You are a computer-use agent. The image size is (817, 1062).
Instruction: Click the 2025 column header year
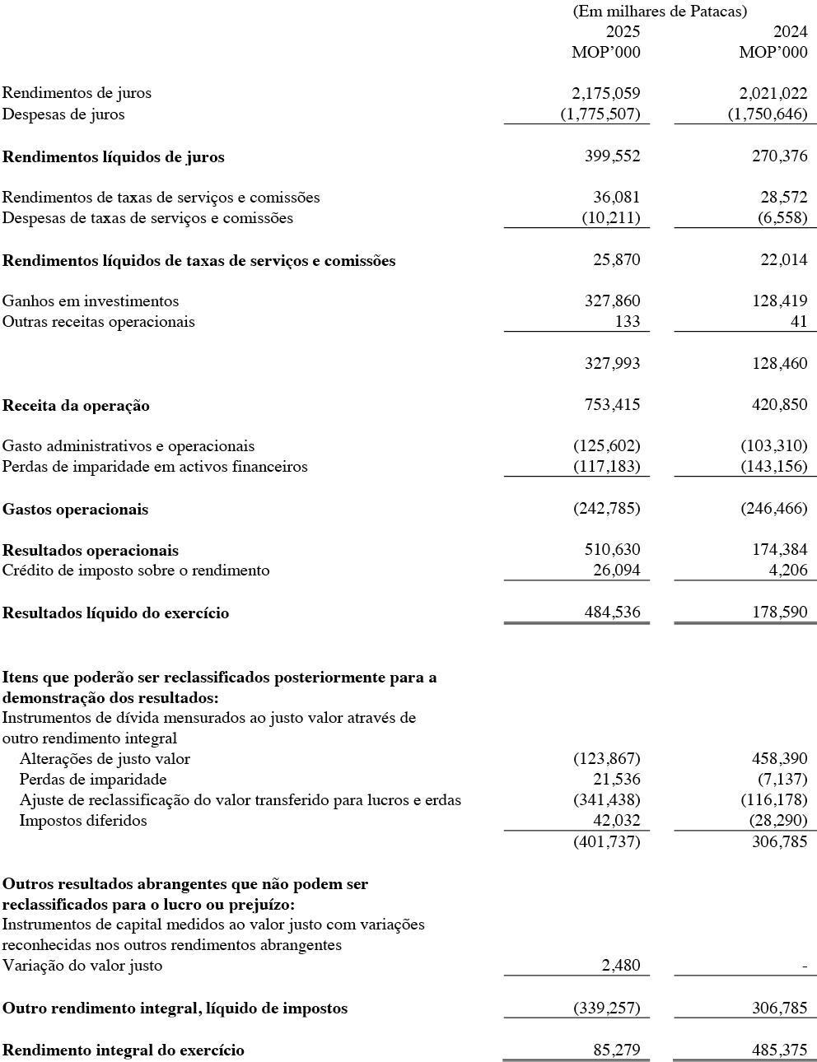pyautogui.click(x=623, y=32)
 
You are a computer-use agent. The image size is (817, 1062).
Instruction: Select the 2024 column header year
pyautogui.click(x=790, y=32)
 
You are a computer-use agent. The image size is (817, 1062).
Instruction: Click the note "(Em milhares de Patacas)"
pyautogui.click(x=659, y=12)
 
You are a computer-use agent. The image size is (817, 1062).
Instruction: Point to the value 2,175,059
pyautogui.click(x=606, y=93)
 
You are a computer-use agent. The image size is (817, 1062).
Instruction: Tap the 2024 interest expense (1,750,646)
pyautogui.click(x=768, y=114)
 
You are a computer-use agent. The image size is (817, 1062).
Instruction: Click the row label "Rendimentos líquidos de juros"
pyautogui.click(x=114, y=157)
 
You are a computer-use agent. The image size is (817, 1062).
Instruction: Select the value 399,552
pyautogui.click(x=612, y=156)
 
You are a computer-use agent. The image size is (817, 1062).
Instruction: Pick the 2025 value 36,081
pyautogui.click(x=616, y=198)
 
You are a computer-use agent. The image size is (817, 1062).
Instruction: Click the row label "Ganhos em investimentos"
pyautogui.click(x=91, y=301)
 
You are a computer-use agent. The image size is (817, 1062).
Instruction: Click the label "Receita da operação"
pyautogui.click(x=76, y=406)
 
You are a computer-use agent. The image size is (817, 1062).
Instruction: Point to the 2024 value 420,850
pyautogui.click(x=779, y=405)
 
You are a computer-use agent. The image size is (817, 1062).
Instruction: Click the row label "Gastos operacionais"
pyautogui.click(x=76, y=510)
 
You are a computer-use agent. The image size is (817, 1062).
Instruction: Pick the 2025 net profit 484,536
pyautogui.click(x=612, y=613)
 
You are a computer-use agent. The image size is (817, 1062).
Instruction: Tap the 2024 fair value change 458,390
pyautogui.click(x=779, y=758)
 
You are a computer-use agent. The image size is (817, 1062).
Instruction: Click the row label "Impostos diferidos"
pyautogui.click(x=83, y=821)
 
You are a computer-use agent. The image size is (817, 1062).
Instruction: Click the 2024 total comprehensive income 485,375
pyautogui.click(x=779, y=1050)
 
